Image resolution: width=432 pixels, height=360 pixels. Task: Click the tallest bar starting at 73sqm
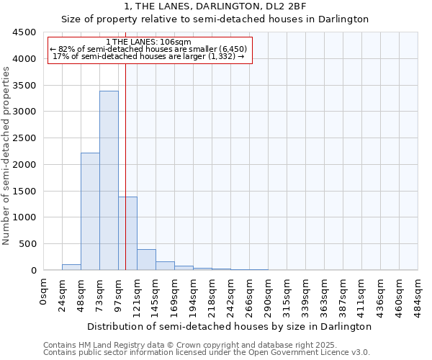click(x=109, y=180)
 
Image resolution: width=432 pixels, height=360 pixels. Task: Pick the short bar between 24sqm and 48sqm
click(x=71, y=267)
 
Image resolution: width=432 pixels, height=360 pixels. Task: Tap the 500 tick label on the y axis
click(x=28, y=244)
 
